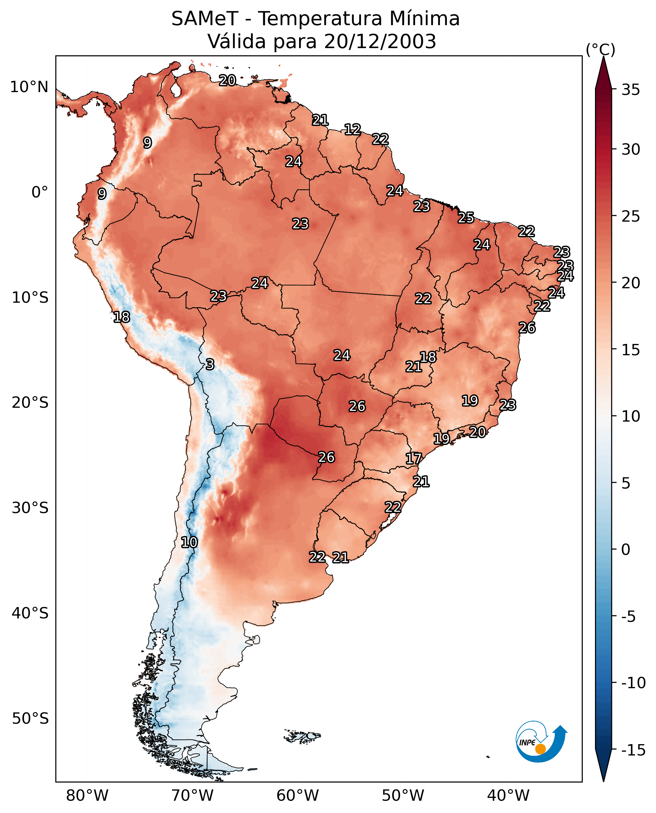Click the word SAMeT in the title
tap(205, 19)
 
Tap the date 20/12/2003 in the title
tap(380, 41)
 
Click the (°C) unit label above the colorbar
tap(600, 50)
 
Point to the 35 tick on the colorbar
tap(631, 90)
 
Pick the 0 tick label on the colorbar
tap(626, 550)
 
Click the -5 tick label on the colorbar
tap(630, 617)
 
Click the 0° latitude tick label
tap(40, 192)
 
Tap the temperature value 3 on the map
tap(210, 364)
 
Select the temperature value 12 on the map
tap(352, 130)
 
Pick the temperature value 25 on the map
tap(466, 218)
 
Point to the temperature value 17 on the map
tap(414, 459)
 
